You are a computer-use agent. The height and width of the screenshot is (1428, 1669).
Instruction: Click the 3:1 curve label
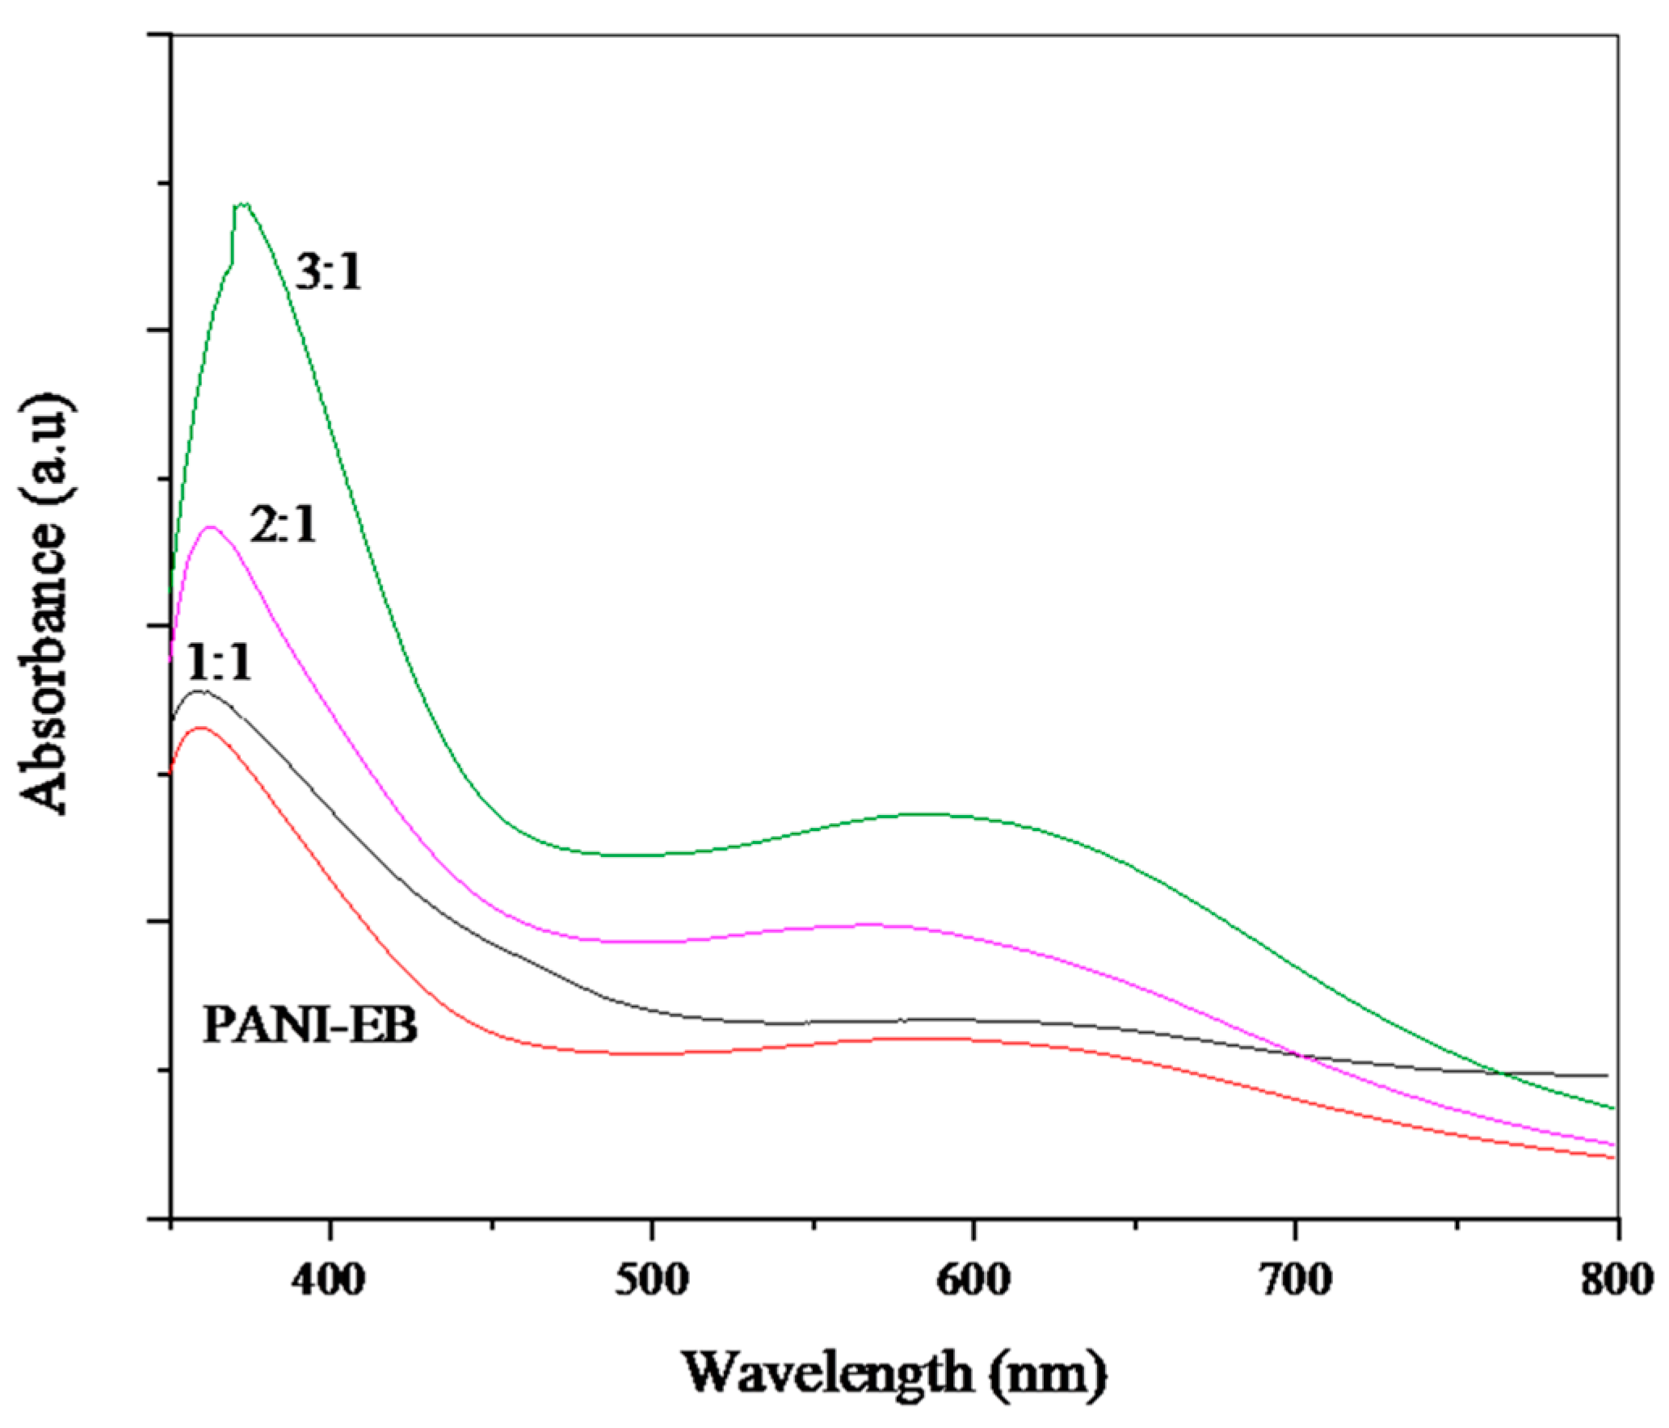tap(329, 272)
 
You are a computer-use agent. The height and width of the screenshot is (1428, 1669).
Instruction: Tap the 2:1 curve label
tap(284, 526)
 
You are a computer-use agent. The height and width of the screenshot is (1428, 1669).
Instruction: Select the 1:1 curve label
tap(219, 664)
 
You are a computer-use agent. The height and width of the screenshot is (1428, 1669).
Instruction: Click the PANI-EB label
tap(310, 1026)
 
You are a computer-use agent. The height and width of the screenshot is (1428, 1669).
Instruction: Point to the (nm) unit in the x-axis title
tap(1050, 1371)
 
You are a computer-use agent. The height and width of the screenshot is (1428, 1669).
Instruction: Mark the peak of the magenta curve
tap(211, 527)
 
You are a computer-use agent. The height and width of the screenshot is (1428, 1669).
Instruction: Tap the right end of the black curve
tap(1607, 1076)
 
